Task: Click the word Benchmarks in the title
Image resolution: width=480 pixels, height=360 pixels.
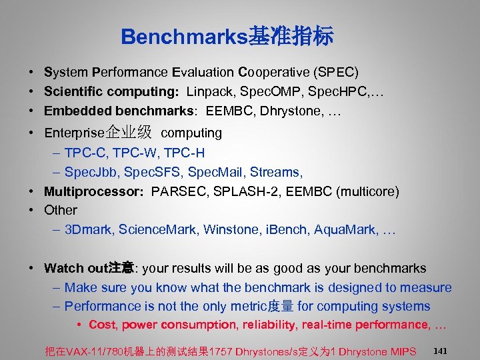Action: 184,37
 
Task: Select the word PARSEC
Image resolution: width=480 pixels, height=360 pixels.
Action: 179,192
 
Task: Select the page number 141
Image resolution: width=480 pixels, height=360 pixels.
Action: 440,350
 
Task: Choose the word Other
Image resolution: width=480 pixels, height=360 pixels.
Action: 61,211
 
